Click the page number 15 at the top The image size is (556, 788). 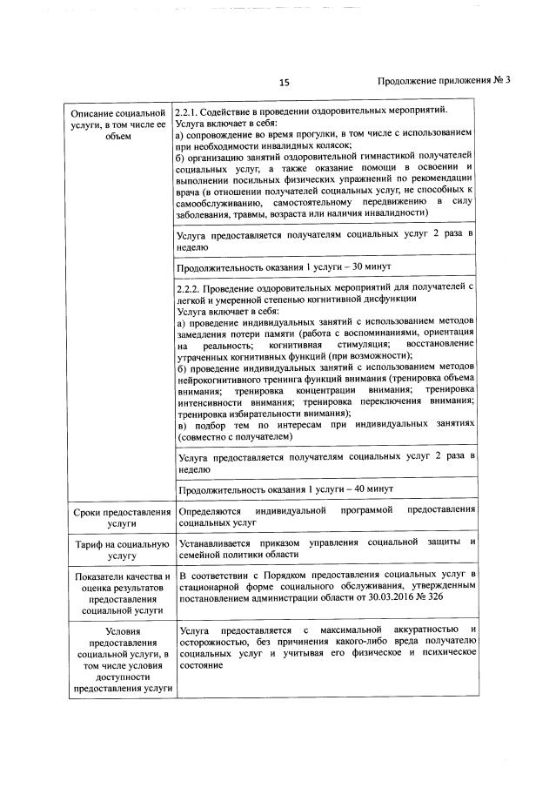pyautogui.click(x=284, y=83)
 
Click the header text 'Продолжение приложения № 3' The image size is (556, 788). pyautogui.click(x=443, y=82)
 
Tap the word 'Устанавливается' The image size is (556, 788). pyautogui.click(x=218, y=542)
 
